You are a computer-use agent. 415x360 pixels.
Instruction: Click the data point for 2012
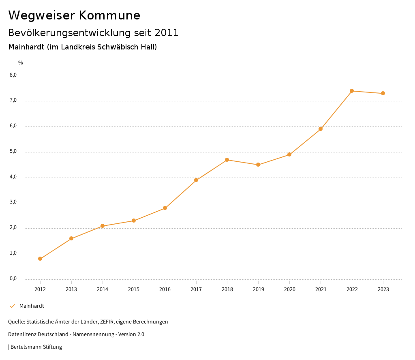pos(40,259)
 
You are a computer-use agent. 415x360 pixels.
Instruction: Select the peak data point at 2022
pos(352,91)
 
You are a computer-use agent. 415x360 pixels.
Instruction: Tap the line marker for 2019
pos(258,165)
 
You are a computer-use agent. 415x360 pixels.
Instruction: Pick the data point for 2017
pos(196,180)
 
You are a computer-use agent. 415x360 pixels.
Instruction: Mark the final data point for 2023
pos(383,93)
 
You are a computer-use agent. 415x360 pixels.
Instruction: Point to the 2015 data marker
pos(134,221)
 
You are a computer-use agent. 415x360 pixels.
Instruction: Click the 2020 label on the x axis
pos(289,289)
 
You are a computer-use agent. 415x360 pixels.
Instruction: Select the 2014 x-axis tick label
pos(103,289)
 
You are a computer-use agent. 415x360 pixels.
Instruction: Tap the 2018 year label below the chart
pos(227,289)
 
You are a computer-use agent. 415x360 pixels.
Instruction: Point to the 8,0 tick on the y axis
pos(13,75)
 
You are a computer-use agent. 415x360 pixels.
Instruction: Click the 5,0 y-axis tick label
pos(13,152)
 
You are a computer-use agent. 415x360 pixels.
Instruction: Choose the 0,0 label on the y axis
pos(13,279)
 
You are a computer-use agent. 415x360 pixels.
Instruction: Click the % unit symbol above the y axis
pos(21,62)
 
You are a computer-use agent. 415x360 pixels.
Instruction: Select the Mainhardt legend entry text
pos(32,306)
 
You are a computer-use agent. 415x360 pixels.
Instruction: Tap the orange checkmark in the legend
pos(12,306)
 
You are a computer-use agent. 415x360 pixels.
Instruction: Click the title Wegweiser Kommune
pos(74,15)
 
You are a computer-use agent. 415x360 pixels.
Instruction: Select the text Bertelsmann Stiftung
pos(36,347)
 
